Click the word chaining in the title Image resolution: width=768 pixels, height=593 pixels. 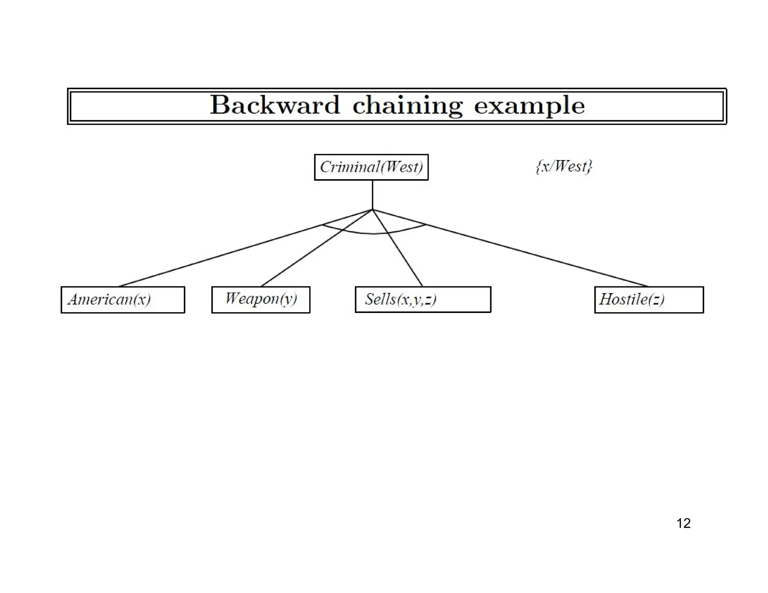(407, 106)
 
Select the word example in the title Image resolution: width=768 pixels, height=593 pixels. (529, 106)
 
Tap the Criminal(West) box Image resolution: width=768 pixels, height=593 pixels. (371, 167)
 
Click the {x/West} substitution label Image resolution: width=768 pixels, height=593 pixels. (564, 166)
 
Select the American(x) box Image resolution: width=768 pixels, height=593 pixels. (123, 300)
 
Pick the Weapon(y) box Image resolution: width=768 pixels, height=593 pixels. (261, 299)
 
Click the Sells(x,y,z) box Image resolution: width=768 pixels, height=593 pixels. (423, 299)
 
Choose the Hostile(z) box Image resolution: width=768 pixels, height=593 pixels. (649, 299)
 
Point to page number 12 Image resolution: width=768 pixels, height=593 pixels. (683, 523)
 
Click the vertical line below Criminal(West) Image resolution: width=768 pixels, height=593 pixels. (372, 195)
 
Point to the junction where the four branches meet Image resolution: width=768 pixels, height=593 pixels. (372, 210)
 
